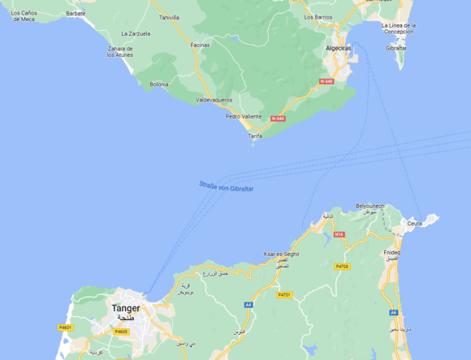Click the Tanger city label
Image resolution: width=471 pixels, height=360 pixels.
pos(126,309)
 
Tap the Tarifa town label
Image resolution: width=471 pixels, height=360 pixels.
pos(255,136)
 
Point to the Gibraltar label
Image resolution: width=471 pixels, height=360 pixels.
pos(396,48)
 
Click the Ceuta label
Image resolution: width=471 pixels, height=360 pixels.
pos(414,223)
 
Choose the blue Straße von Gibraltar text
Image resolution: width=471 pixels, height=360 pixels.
pos(227,186)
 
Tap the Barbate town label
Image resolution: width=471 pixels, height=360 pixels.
pos(76,14)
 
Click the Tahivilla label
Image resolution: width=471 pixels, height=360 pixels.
pos(170,17)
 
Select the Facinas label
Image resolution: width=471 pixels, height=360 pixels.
pos(200,45)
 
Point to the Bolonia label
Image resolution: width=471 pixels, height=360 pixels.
pos(159,84)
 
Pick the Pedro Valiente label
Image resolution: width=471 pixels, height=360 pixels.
pos(244,116)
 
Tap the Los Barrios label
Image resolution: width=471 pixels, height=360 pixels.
pos(318,16)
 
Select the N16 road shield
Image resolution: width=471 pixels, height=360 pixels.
pos(339,235)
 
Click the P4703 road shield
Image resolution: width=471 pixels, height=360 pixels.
pos(342,266)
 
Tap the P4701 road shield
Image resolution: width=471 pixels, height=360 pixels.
pos(284,295)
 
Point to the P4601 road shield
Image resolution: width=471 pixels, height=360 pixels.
pos(66,327)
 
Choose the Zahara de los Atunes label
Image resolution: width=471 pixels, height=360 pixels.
pos(120,52)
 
